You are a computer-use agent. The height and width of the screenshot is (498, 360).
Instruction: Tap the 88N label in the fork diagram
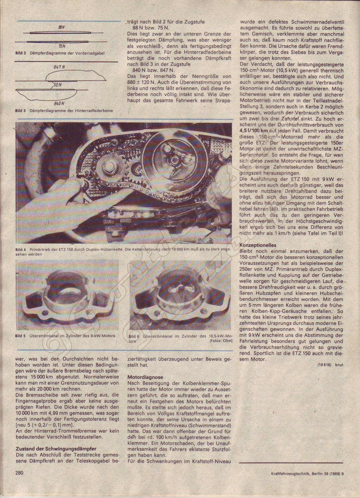click(62, 27)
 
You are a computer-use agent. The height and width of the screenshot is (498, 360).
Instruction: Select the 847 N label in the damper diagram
click(61, 67)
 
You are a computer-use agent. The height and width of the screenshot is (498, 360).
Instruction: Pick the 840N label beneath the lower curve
click(60, 104)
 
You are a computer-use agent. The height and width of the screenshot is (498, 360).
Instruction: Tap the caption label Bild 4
click(21, 250)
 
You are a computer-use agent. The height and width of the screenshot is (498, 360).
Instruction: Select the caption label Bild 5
click(21, 336)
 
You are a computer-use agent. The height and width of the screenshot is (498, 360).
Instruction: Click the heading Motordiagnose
click(145, 377)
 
